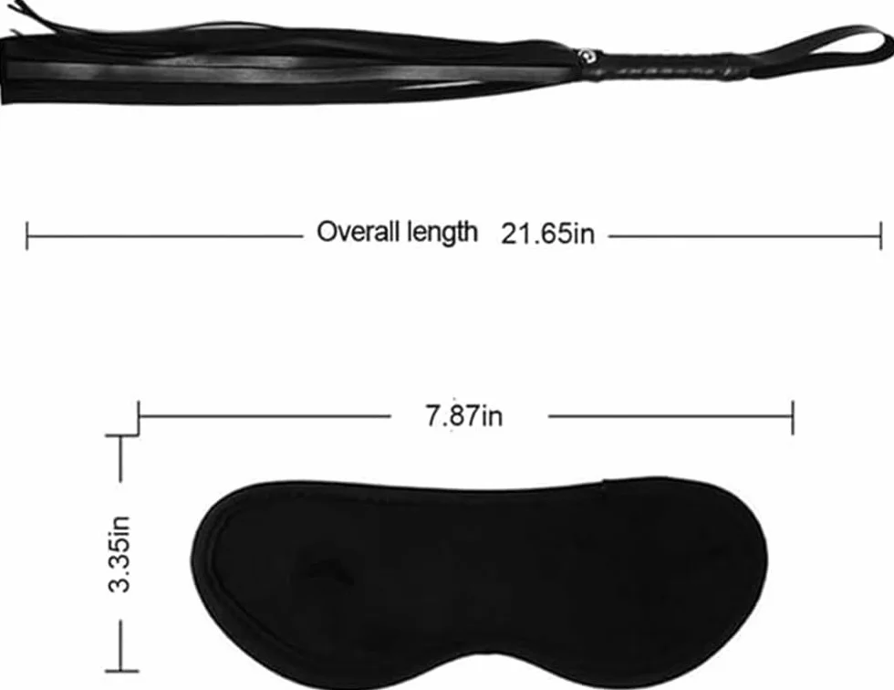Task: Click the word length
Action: (442, 233)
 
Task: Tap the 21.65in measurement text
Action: (547, 234)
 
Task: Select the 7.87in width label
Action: (464, 415)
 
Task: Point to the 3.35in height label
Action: (120, 554)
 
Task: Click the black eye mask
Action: (479, 581)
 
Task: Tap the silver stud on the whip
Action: (585, 56)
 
